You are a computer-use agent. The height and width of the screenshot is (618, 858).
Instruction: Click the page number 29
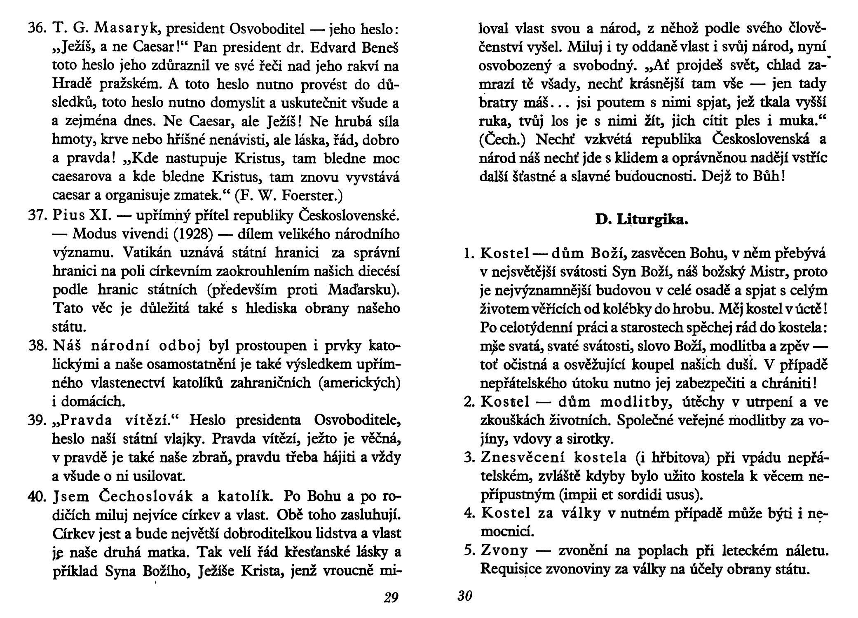pyautogui.click(x=391, y=597)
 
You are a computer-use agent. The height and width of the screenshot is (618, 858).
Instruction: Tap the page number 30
pyautogui.click(x=464, y=596)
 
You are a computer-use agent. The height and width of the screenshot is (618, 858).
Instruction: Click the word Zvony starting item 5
pyautogui.click(x=504, y=551)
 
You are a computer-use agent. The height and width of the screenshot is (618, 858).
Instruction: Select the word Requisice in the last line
pyautogui.click(x=512, y=569)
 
